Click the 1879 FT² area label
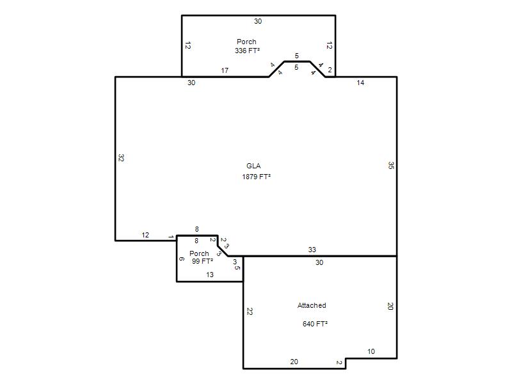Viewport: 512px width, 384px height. tap(257, 177)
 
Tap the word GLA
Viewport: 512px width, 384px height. tap(253, 166)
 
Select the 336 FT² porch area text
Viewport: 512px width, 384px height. tap(247, 51)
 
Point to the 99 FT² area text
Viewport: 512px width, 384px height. tap(202, 261)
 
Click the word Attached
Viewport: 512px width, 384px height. tap(312, 305)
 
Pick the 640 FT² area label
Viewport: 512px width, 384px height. tap(315, 324)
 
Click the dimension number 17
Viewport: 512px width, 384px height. tap(225, 70)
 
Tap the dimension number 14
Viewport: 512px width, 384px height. tap(360, 83)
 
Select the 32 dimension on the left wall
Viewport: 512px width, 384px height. tap(121, 158)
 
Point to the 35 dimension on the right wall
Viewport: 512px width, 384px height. tap(391, 165)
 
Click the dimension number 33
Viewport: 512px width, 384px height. tap(312, 250)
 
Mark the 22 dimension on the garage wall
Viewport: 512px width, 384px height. tap(250, 312)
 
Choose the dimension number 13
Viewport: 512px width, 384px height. tap(210, 275)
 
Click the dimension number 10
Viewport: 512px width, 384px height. tap(371, 351)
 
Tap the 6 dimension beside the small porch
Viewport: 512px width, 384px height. tap(182, 259)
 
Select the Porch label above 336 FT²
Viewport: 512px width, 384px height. tap(246, 42)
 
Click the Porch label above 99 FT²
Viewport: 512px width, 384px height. tap(199, 253)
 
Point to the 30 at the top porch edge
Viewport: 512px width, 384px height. tap(258, 21)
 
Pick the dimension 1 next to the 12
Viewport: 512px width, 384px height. tap(170, 236)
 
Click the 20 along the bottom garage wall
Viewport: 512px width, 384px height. tap(294, 362)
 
